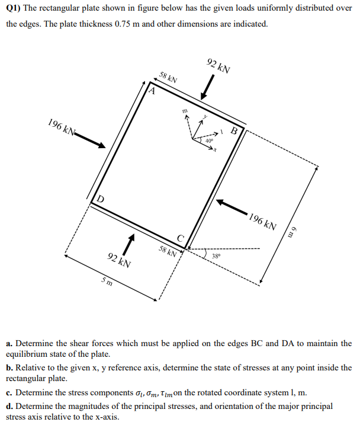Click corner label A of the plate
[x=152, y=92]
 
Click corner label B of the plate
[x=234, y=131]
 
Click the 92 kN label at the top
[x=218, y=65]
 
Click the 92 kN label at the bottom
[x=120, y=260]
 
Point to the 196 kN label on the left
[x=62, y=127]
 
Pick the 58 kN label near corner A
[x=168, y=78]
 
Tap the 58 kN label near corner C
[x=168, y=251]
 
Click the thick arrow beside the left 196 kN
[x=91, y=139]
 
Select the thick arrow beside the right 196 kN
[x=230, y=205]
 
